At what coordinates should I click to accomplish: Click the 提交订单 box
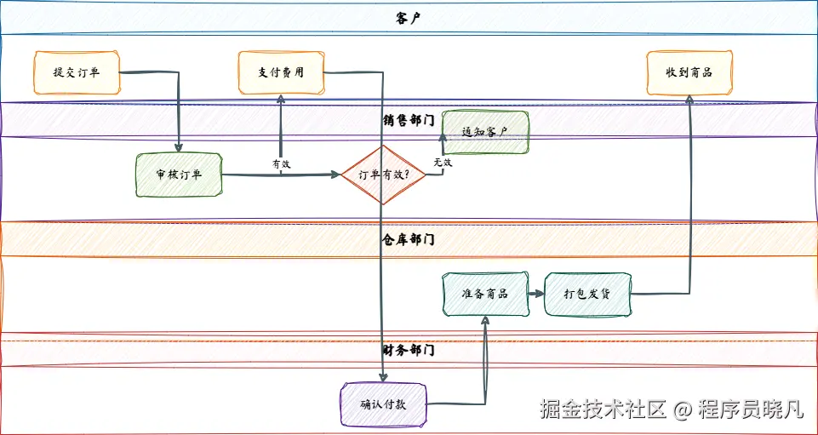[x=76, y=72]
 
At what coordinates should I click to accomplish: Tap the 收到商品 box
[x=689, y=72]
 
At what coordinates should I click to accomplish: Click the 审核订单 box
[x=179, y=175]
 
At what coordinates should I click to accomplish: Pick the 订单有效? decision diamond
[x=382, y=175]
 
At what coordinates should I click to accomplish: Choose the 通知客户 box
[x=484, y=133]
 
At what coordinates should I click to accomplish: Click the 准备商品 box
[x=484, y=294]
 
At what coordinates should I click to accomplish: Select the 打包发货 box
[x=587, y=294]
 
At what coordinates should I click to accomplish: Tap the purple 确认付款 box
[x=382, y=404]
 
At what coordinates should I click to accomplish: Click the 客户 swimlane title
[x=409, y=18]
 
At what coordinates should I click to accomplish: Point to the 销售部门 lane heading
[x=409, y=120]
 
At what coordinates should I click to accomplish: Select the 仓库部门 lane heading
[x=409, y=239]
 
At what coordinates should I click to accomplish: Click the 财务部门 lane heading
[x=409, y=349]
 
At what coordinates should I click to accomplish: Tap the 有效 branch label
[x=281, y=163]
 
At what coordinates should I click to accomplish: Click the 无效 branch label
[x=442, y=162]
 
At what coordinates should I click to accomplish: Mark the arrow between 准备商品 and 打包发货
[x=535, y=294]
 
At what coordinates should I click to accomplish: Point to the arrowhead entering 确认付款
[x=384, y=377]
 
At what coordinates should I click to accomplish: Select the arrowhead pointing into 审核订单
[x=179, y=148]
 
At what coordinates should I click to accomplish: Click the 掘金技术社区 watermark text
[x=602, y=409]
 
